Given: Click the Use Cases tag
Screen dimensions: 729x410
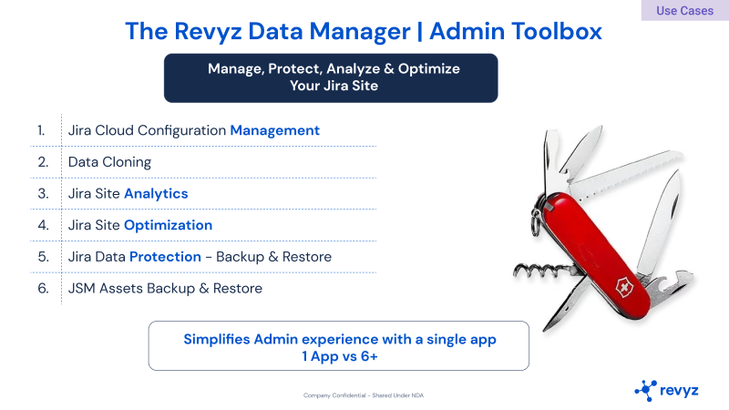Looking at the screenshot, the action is pyautogui.click(x=685, y=10).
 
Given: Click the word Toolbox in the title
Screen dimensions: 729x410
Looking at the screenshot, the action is pyautogui.click(x=556, y=31).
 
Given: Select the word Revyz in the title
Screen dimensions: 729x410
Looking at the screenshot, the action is pyautogui.click(x=208, y=32).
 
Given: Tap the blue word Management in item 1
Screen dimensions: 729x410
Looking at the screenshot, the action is pyautogui.click(x=275, y=130).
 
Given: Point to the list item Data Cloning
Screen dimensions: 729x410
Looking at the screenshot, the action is pyautogui.click(x=109, y=162).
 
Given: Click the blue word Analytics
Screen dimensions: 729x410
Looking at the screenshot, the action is pyautogui.click(x=156, y=194).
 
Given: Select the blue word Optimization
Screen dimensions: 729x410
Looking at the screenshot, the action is pyautogui.click(x=168, y=225).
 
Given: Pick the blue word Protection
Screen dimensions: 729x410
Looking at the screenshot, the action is pyautogui.click(x=165, y=257).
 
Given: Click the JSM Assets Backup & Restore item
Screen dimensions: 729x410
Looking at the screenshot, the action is pyautogui.click(x=165, y=289).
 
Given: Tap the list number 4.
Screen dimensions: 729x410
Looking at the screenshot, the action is pyautogui.click(x=43, y=225).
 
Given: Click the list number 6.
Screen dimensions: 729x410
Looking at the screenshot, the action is pyautogui.click(x=43, y=289).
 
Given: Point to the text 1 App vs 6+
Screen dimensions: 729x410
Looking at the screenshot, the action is pyautogui.click(x=339, y=356).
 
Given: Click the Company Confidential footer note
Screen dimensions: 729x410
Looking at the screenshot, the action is pyautogui.click(x=364, y=395).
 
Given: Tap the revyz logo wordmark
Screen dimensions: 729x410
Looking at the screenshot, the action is pyautogui.click(x=679, y=391).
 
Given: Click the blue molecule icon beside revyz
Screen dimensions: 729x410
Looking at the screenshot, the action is pyautogui.click(x=646, y=391).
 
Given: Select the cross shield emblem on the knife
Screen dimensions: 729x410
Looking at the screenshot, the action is pyautogui.click(x=624, y=287).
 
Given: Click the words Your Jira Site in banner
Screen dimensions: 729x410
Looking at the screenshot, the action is pyautogui.click(x=334, y=86).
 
